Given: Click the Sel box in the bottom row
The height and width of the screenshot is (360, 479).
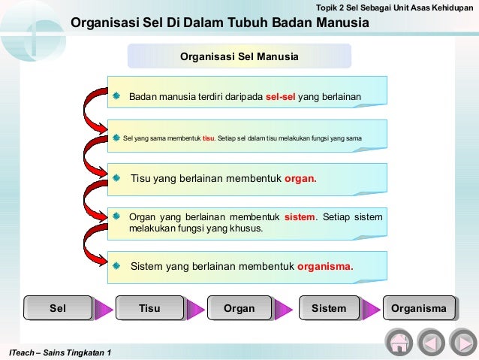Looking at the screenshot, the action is (57, 308).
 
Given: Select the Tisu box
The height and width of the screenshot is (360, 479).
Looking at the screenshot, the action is (149, 308).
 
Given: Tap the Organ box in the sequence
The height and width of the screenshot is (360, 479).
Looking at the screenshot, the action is (239, 308).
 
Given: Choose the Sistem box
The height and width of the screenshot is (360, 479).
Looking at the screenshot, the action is (329, 308).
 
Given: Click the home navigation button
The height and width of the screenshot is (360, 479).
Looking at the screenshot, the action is (399, 342).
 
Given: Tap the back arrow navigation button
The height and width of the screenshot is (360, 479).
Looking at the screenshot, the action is (431, 342).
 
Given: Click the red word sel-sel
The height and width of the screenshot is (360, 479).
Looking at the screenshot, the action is (280, 97).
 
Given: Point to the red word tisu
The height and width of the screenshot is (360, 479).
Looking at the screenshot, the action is (209, 138).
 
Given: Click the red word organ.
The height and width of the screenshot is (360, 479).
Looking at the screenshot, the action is (300, 180).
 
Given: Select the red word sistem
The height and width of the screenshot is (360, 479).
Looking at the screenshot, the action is (300, 217).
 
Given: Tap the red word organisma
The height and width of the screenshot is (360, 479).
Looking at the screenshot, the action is (325, 266).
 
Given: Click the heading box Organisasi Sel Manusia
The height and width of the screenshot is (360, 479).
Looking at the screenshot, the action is (239, 57).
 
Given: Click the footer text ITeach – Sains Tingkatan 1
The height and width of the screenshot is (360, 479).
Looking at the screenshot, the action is (59, 353).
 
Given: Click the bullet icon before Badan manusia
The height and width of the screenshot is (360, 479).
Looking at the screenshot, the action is (116, 97).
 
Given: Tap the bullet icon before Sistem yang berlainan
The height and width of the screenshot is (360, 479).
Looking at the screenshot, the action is (116, 266).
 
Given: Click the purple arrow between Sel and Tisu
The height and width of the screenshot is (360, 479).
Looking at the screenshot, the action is (102, 309).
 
